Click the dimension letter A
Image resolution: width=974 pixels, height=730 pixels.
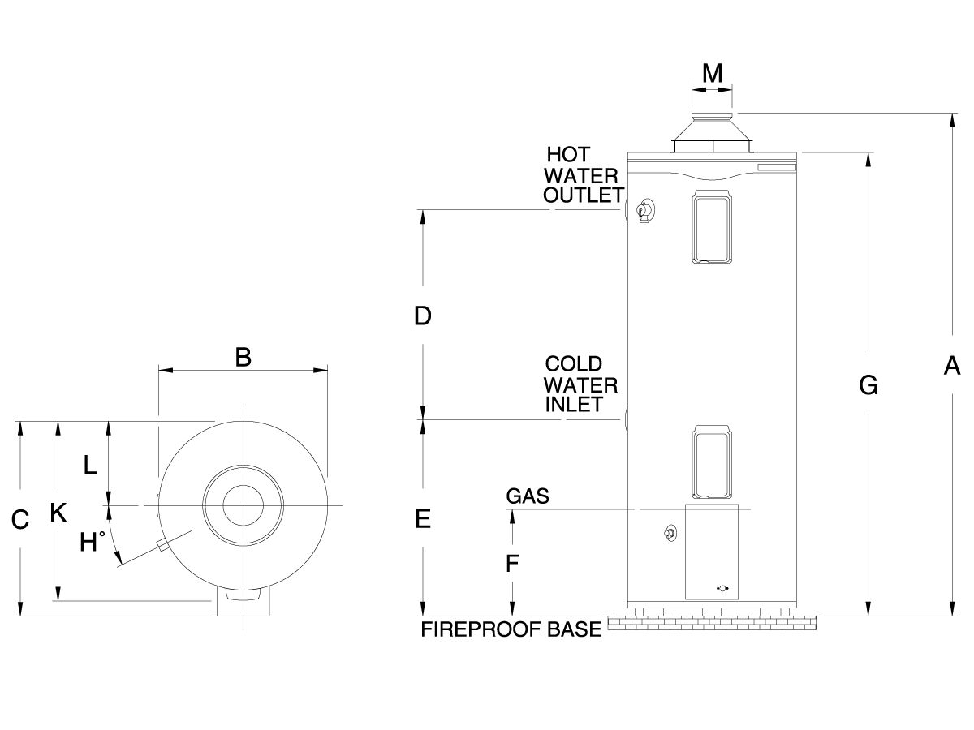[x=952, y=366]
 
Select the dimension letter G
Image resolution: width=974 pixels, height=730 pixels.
[x=868, y=386]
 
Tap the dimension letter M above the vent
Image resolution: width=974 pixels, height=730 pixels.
[x=712, y=74]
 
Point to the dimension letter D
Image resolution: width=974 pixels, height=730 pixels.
[x=422, y=316]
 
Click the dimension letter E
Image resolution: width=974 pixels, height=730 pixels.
[x=422, y=518]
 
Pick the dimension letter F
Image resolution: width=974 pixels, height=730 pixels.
[x=512, y=563]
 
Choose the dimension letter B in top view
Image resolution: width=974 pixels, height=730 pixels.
[x=243, y=357]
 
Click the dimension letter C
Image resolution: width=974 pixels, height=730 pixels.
[x=20, y=519]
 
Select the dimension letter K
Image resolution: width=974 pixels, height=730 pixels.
[x=58, y=513]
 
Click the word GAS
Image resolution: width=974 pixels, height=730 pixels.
[x=528, y=496]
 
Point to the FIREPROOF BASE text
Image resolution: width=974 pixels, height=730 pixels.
[x=511, y=629]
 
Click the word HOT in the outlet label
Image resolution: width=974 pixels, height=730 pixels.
[x=568, y=154]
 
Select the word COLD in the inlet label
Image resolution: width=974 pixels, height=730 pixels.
[x=573, y=363]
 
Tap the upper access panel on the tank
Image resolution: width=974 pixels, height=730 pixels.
[x=712, y=227]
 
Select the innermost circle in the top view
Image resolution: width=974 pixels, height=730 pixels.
[x=243, y=505]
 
